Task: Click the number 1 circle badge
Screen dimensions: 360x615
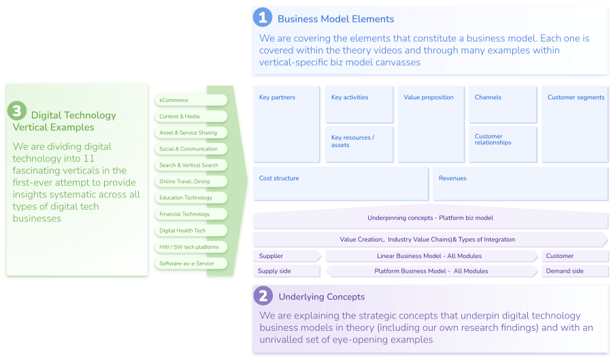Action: (x=263, y=18)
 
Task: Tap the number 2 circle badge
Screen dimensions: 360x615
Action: (x=263, y=295)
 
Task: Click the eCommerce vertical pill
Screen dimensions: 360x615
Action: (x=190, y=100)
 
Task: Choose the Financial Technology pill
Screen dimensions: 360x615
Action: (x=190, y=214)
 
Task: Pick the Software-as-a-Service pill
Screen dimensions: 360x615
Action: (x=190, y=263)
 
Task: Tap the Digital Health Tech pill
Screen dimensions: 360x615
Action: (x=190, y=231)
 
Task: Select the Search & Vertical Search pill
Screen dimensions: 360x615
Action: (x=190, y=165)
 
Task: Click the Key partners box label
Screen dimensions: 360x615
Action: (x=277, y=97)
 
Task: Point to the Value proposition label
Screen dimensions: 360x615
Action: (x=428, y=97)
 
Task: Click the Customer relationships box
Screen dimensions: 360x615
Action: (x=502, y=144)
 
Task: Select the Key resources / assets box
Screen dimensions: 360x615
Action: (x=359, y=144)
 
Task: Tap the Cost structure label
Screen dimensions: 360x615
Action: (x=279, y=178)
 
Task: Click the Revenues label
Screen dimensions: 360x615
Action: (x=452, y=178)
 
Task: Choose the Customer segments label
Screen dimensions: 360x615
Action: (x=576, y=97)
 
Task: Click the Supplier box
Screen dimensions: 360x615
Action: (x=286, y=256)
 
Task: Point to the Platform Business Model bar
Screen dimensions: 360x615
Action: (x=431, y=271)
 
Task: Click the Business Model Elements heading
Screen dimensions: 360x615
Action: (x=335, y=19)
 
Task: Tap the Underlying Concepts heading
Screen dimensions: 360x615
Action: (x=321, y=297)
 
